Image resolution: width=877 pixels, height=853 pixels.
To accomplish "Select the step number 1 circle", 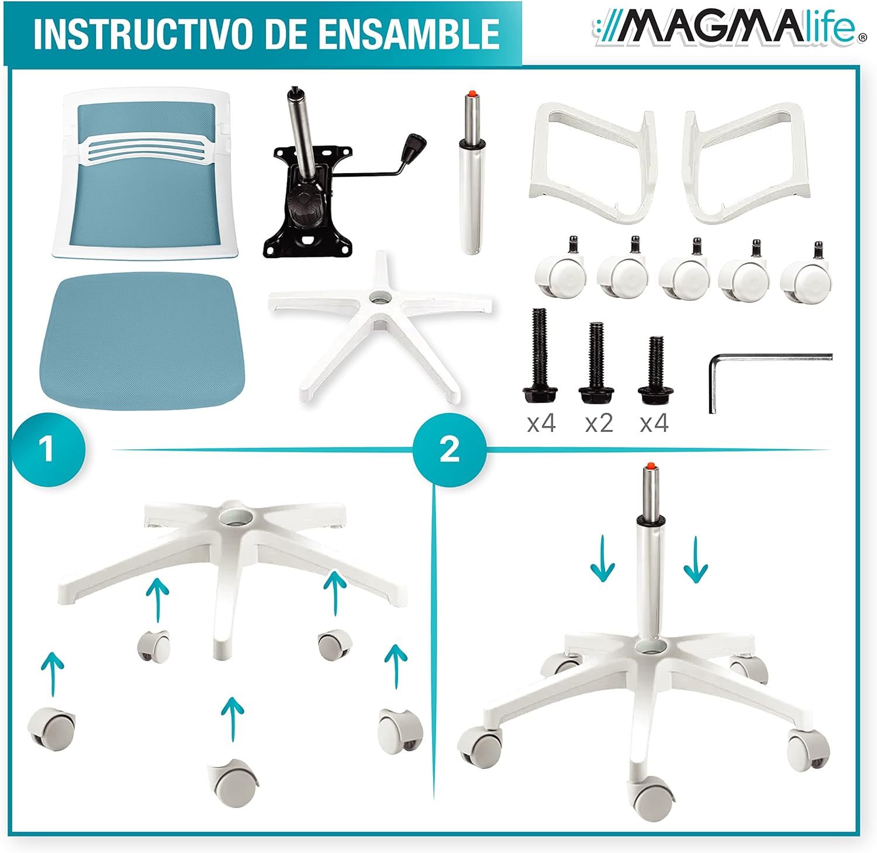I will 47,449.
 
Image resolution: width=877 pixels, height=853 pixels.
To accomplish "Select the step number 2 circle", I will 449,449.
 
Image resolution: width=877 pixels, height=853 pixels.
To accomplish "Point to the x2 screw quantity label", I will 599,423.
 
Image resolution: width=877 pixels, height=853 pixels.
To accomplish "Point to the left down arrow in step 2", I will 602,562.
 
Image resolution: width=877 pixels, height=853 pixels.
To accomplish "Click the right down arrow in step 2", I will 696,562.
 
